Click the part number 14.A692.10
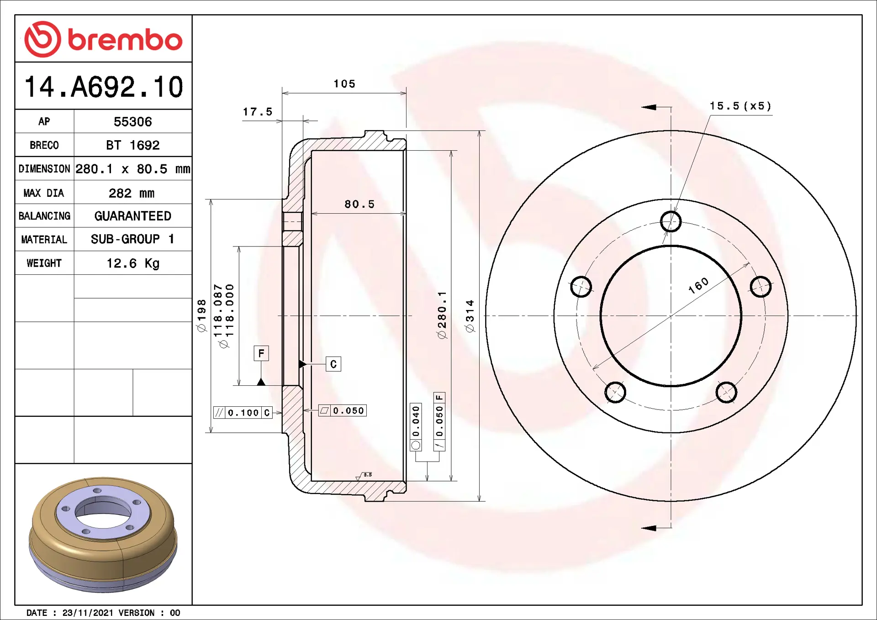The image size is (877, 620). [x=104, y=87]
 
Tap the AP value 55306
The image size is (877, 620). [x=132, y=122]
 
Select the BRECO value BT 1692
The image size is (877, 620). [x=132, y=145]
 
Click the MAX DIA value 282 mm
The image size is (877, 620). [x=132, y=193]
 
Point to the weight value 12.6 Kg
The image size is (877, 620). [x=132, y=263]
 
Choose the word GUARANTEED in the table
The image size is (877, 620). [x=132, y=216]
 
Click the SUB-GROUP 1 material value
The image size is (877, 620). [x=132, y=239]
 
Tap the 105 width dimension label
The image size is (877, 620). [x=344, y=84]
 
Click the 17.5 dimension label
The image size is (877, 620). [x=257, y=112]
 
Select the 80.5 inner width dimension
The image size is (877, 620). [x=359, y=204]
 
